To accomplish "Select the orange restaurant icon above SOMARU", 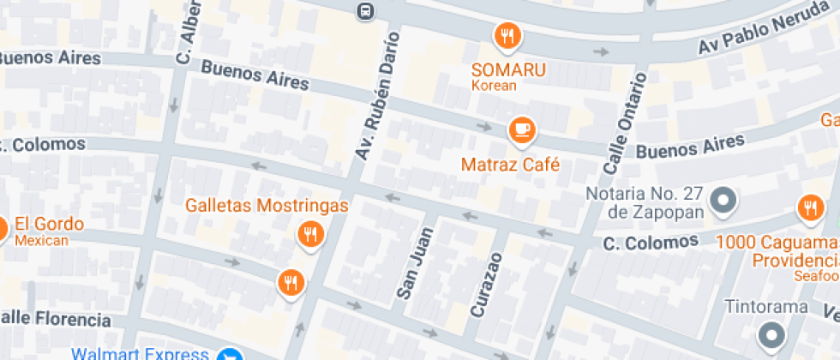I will click(x=507, y=35).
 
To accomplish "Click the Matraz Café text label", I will click(x=510, y=164).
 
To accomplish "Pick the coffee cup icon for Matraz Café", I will click(x=520, y=130).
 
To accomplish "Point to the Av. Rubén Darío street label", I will click(x=377, y=96).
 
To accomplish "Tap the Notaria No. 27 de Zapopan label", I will click(x=645, y=201).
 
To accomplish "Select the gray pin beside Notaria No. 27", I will click(x=724, y=201).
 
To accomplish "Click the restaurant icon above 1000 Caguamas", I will click(x=809, y=207).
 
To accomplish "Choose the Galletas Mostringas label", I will click(x=267, y=206).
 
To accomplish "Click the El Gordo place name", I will click(x=50, y=225).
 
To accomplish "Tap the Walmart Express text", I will click(x=140, y=353).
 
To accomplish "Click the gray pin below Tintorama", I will click(x=771, y=334).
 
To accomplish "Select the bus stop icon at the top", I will click(x=365, y=10).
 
